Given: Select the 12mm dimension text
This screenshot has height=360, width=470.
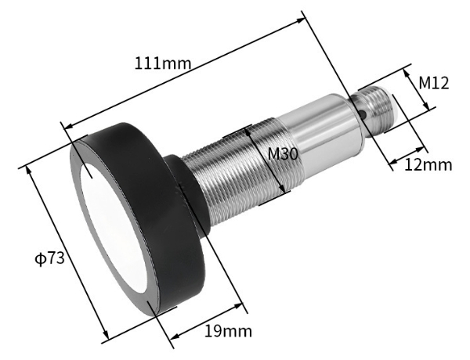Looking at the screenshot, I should tap(428, 164).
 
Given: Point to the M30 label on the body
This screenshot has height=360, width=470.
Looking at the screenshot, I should tap(282, 154).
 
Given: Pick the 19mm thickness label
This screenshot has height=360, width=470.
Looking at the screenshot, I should tap(222, 330).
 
